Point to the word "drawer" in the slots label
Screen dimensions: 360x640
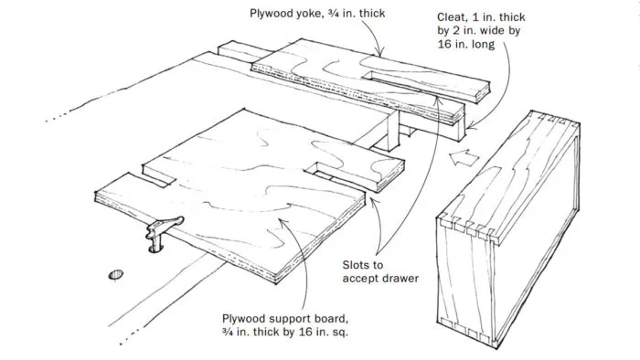(x=399, y=278)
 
